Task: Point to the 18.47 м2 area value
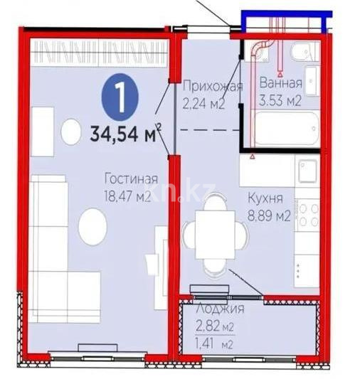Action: pos(127,196)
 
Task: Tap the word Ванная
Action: pos(279,82)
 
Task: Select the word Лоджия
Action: pos(221,309)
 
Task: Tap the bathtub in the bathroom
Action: pos(285,132)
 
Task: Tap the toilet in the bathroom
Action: pos(307,51)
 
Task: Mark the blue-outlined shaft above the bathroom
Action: pos(285,21)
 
